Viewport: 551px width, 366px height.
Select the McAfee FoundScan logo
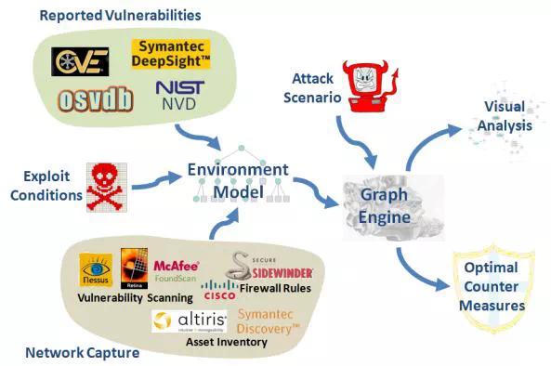[177, 269]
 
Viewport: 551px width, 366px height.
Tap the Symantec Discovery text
[265, 321]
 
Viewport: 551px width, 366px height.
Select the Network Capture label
[84, 353]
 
